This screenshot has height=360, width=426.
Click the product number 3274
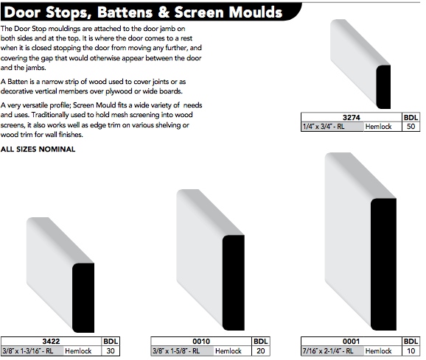click(351, 118)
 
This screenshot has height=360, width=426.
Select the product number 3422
click(51, 342)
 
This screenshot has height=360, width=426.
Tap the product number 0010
click(201, 342)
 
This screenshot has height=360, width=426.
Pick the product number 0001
click(351, 342)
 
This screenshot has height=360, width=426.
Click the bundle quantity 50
click(411, 127)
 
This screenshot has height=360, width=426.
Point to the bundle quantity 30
click(111, 351)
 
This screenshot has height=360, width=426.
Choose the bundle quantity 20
click(261, 351)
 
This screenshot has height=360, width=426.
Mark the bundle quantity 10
click(411, 351)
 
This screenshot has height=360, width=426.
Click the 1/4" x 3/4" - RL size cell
click(332, 127)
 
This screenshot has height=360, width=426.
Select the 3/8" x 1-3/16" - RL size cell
click(32, 351)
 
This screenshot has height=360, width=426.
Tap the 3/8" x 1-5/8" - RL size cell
click(183, 351)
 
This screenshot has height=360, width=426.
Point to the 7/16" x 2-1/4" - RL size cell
click(332, 351)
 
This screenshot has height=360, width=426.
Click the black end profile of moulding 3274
click(383, 87)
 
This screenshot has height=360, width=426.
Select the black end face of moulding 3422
click(83, 297)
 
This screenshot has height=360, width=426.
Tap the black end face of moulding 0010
click(234, 283)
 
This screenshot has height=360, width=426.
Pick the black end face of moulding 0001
click(383, 264)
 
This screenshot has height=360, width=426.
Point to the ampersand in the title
click(164, 13)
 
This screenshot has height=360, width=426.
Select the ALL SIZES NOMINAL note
click(38, 149)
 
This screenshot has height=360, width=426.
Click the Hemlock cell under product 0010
click(228, 351)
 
